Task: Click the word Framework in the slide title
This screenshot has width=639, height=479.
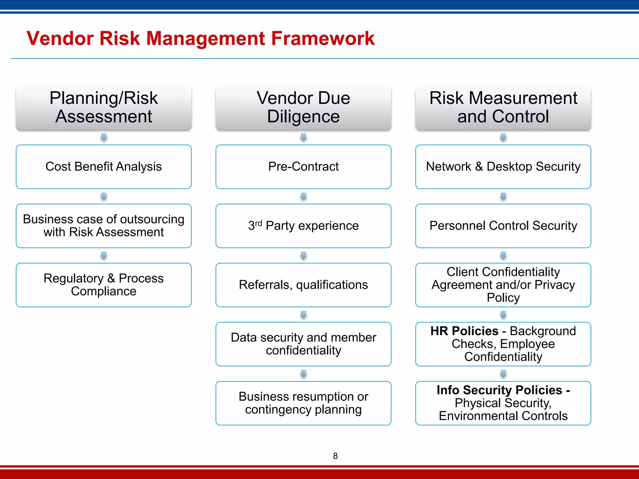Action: [323, 39]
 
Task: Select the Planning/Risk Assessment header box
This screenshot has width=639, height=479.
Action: [104, 108]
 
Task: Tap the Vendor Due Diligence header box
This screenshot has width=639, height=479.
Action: [303, 108]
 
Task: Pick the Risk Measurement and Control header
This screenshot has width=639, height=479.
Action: [503, 108]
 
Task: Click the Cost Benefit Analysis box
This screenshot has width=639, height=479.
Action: [104, 167]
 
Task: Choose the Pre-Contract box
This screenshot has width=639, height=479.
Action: [303, 167]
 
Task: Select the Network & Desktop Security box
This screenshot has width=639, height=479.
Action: [503, 167]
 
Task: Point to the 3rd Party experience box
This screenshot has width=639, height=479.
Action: [303, 226]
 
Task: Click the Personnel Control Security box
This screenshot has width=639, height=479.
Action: [503, 226]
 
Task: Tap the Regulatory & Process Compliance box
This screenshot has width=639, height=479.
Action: [104, 285]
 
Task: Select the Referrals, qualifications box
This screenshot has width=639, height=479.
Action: [303, 285]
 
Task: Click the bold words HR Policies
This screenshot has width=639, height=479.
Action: [464, 331]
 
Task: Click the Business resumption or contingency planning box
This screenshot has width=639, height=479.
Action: [303, 403]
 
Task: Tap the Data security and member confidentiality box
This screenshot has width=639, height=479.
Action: [303, 344]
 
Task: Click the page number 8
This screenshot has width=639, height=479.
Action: [335, 456]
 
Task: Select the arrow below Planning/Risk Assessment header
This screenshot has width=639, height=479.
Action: [104, 137]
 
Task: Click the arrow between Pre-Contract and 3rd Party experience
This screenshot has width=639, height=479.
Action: [303, 196]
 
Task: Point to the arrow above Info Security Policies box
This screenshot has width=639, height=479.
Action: [503, 374]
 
